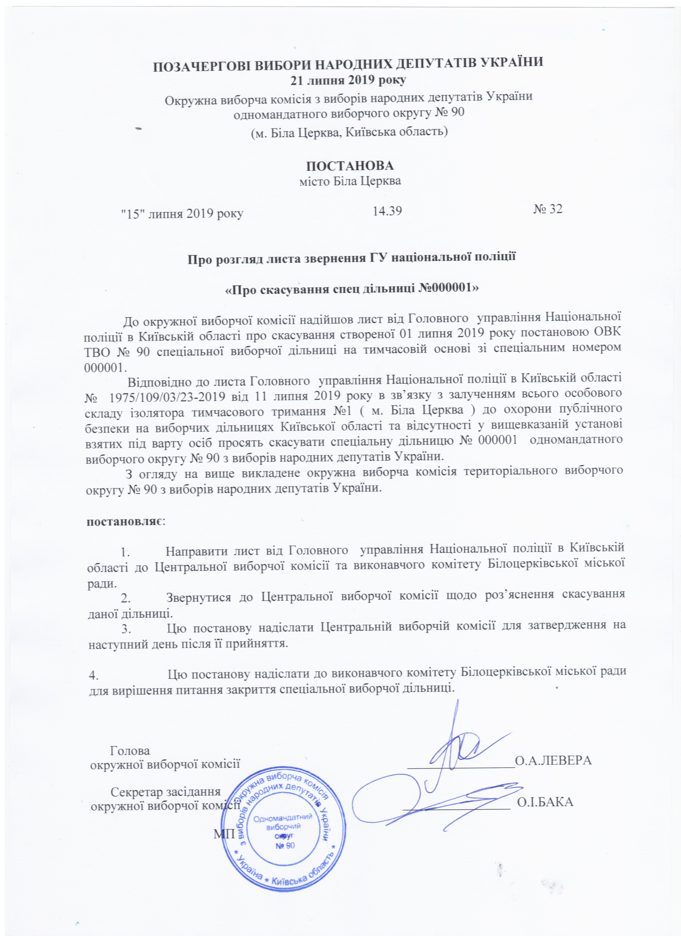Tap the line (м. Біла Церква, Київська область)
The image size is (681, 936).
click(350, 133)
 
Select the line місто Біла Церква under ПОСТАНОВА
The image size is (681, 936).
click(350, 181)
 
